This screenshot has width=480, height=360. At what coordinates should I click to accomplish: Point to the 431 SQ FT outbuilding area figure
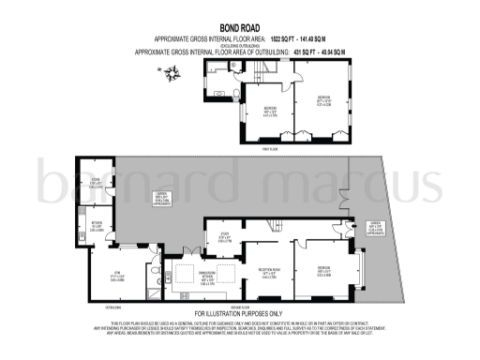[x=310, y=52]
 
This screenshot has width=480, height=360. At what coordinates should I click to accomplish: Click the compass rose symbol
[x=171, y=71]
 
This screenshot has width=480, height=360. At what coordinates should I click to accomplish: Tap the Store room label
[x=96, y=184]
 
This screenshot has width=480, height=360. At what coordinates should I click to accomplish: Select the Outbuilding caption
[x=112, y=307]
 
